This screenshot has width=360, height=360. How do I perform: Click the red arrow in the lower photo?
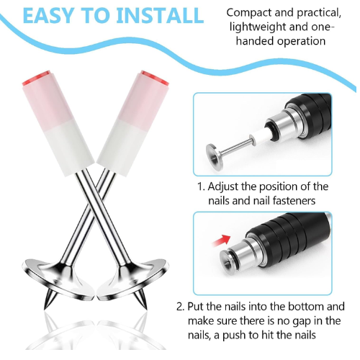click(222, 240)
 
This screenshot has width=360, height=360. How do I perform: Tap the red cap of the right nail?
click(155, 78)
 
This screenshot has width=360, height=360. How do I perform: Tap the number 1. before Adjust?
click(201, 186)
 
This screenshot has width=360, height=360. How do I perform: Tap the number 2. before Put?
click(181, 307)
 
